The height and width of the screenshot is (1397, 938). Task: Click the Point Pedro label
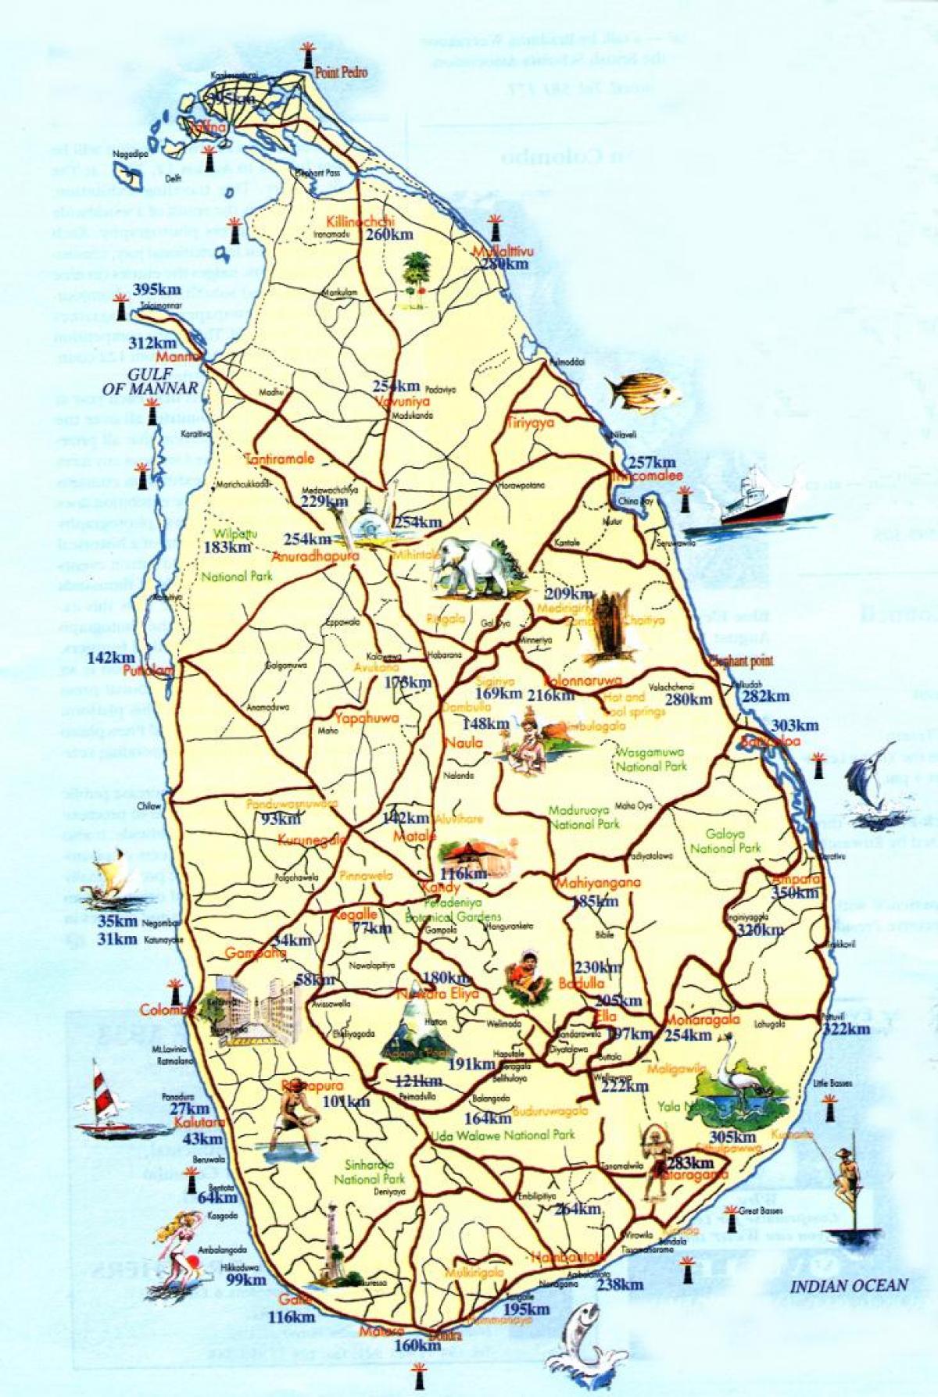[341, 73]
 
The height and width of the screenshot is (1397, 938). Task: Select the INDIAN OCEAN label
[850, 1284]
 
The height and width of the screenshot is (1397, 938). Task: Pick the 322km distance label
[846, 1028]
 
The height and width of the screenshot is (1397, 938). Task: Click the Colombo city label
[166, 1010]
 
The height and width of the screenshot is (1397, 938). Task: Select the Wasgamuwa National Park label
[650, 759]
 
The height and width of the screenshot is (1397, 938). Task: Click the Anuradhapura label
[315, 557]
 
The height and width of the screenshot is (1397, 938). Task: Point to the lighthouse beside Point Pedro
[307, 55]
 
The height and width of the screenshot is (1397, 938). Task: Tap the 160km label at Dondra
[417, 1345]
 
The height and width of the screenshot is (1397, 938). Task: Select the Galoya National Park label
[725, 841]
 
